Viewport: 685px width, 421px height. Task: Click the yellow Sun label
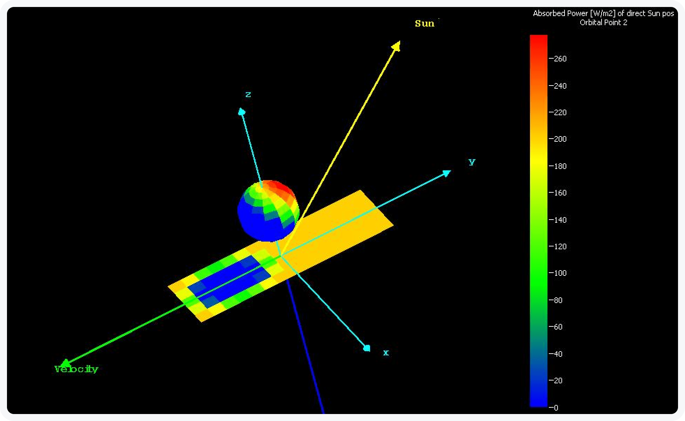tap(425, 23)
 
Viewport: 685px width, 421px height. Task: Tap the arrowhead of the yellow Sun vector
tap(397, 46)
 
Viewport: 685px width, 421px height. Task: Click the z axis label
tap(248, 95)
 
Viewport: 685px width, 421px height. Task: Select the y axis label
tap(472, 162)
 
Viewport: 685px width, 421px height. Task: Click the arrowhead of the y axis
tap(447, 173)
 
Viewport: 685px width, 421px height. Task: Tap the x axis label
tap(386, 353)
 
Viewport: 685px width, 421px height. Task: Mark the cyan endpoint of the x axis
tap(367, 348)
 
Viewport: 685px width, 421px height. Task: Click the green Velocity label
tap(76, 369)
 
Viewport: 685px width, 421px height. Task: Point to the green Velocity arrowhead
tap(65, 363)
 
